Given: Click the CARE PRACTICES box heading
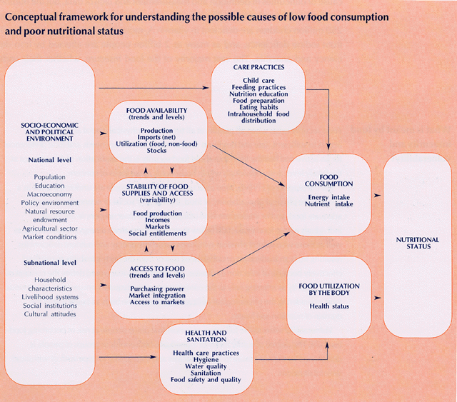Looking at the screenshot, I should (x=258, y=67).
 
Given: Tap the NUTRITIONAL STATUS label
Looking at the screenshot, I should (x=413, y=243).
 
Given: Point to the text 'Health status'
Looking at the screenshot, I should (x=329, y=306).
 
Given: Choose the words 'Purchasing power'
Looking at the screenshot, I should (x=157, y=288).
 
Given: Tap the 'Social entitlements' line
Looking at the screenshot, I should (x=157, y=233).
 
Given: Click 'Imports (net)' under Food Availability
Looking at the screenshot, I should (x=156, y=137).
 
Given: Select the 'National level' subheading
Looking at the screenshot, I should (x=49, y=160).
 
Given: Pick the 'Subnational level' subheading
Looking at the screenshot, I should (x=49, y=262).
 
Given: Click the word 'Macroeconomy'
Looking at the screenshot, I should (x=49, y=194).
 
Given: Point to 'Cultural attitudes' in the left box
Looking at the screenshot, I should (x=49, y=313).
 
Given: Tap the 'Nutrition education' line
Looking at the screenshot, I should (x=258, y=94).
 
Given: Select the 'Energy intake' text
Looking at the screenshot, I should (x=329, y=196).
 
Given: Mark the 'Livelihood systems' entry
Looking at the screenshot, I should (x=49, y=296).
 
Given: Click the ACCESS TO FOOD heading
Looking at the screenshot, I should (x=157, y=271).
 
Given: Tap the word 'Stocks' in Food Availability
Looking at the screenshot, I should (x=156, y=150).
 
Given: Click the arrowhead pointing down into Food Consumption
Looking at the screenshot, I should (x=329, y=150).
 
